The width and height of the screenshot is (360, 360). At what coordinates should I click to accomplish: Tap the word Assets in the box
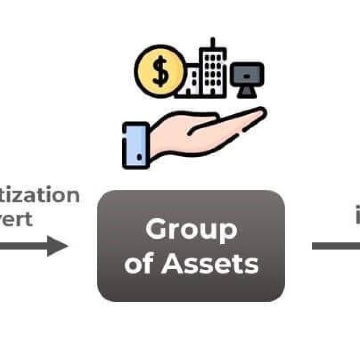[x=210, y=264]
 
